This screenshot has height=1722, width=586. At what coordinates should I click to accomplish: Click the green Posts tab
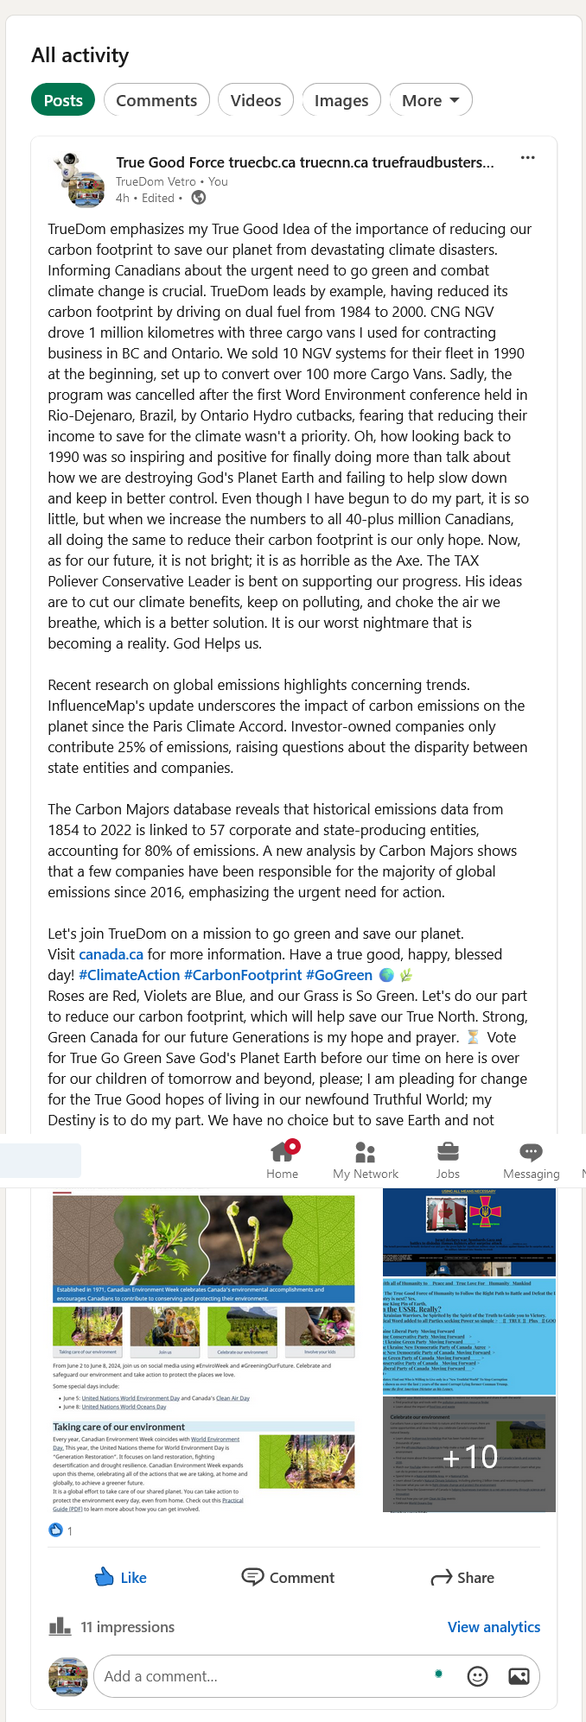[63, 100]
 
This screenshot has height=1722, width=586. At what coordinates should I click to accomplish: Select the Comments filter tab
[156, 100]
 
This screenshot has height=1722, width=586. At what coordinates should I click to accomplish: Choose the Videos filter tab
[256, 100]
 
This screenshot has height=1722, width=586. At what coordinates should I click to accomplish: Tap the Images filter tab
[341, 100]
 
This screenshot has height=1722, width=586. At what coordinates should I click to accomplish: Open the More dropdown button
[430, 100]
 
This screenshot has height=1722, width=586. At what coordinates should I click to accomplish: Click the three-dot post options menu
[527, 158]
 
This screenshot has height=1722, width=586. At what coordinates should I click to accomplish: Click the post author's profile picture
[80, 180]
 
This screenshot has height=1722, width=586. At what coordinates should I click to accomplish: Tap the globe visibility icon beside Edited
[199, 198]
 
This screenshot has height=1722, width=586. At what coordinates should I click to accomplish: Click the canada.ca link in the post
[111, 954]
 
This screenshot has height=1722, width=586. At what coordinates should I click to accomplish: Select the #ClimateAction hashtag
[130, 975]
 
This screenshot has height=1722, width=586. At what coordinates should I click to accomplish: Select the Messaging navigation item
[531, 1159]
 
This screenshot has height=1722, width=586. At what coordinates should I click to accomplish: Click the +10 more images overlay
[469, 1457]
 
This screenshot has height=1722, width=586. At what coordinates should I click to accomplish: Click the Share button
[463, 1578]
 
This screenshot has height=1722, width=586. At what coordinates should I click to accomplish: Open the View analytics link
[494, 1627]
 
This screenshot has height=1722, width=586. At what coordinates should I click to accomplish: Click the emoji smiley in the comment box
[477, 1676]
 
